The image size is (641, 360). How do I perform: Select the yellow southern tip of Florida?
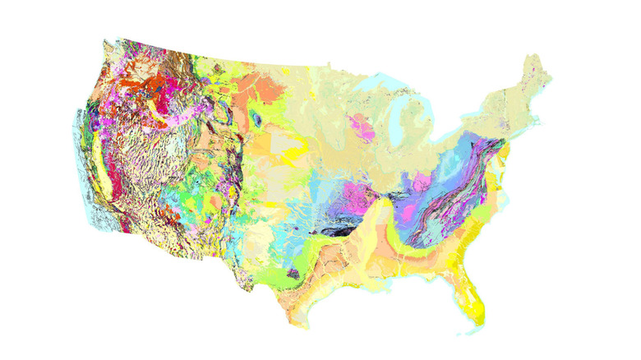coord(479,310)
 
